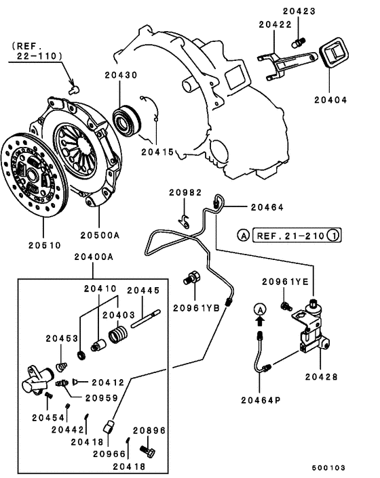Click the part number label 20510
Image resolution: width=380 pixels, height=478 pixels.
[45, 244]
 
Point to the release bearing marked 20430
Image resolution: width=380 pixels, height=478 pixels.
[126, 115]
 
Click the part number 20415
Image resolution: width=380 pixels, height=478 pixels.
[158, 153]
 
